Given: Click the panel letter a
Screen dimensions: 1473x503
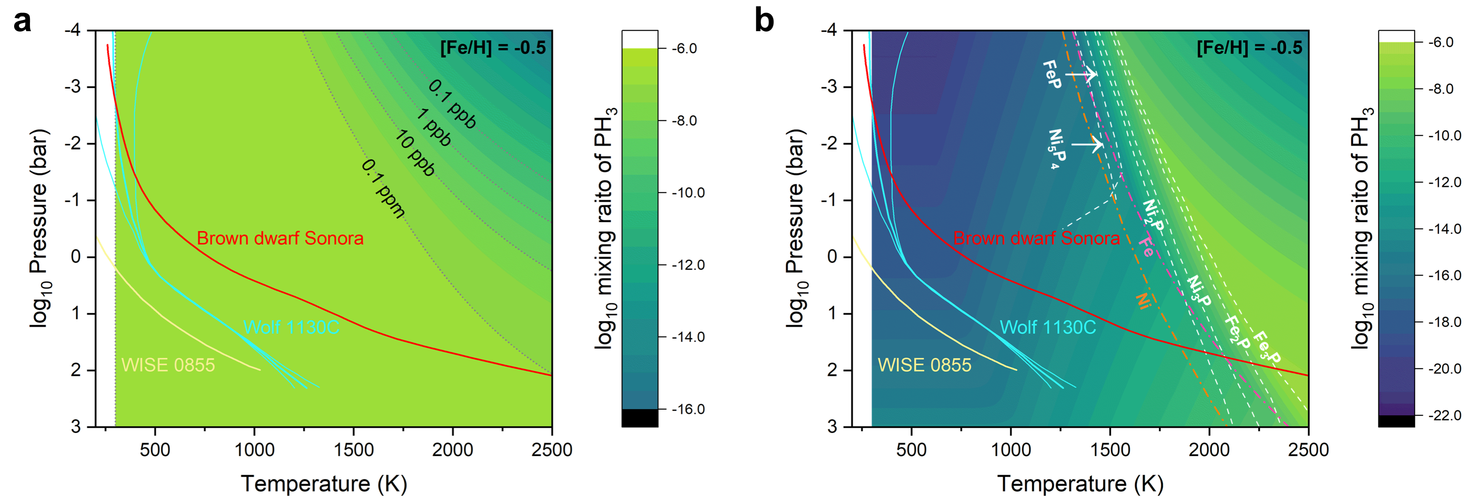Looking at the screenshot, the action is tap(22, 22).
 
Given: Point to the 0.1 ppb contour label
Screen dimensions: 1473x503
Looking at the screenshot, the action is tap(452, 104).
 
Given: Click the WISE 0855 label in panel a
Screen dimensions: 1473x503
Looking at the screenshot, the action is tap(168, 365).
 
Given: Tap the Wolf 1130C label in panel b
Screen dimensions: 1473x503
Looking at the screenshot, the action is tap(1048, 327).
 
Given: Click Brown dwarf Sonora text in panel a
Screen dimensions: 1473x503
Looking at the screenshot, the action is tap(280, 238).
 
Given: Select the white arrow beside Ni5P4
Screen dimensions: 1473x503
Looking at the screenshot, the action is tap(1087, 144).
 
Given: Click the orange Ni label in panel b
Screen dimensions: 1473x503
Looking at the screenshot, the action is tap(1143, 300).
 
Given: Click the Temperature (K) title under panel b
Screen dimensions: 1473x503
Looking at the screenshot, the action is tap(1080, 484).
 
